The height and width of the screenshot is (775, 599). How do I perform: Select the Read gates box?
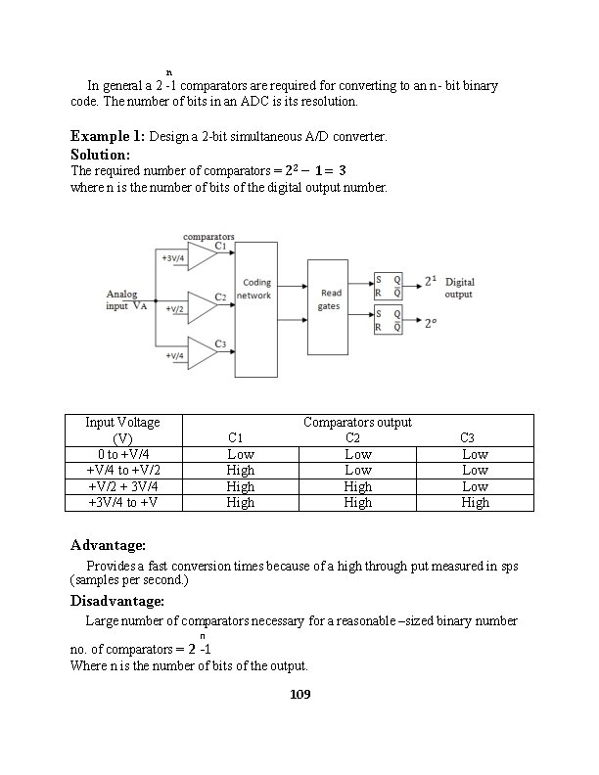tap(327, 307)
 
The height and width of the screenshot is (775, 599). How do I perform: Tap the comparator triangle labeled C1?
tap(201, 256)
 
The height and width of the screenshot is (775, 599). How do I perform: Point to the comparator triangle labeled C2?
tap(201, 306)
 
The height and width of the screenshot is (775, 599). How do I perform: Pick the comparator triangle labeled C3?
tap(201, 352)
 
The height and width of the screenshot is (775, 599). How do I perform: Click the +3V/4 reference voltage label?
tap(174, 258)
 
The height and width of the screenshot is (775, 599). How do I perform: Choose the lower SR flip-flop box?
tap(388, 321)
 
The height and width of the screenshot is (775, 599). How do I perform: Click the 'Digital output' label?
tap(459, 288)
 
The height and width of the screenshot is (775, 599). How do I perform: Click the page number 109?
tap(299, 695)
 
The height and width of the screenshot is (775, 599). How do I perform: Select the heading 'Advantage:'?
tap(108, 545)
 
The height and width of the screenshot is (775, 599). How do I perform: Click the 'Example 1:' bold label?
tap(108, 136)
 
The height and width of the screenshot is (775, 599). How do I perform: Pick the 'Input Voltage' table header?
tap(122, 423)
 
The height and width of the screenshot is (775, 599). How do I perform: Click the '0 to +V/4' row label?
tap(122, 454)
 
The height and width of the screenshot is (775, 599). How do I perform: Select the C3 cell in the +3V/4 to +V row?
tap(475, 502)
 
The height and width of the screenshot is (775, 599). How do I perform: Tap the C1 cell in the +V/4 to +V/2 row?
tap(240, 471)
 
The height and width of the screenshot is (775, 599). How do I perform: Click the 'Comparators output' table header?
tap(357, 423)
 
